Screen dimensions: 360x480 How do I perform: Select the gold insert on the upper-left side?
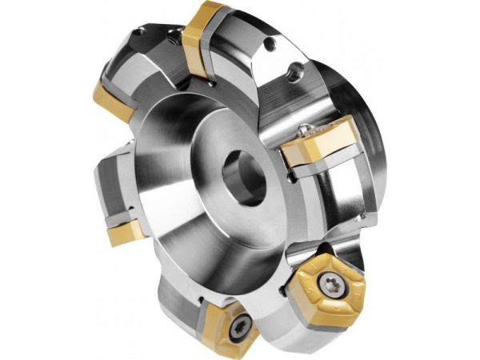click(112, 101)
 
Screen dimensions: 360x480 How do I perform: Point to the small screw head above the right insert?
click(307, 128)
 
